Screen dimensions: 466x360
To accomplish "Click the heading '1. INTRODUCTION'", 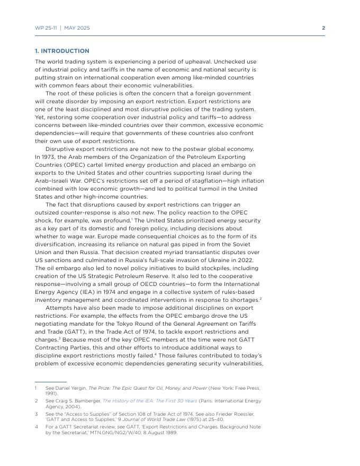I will click(x=62, y=51).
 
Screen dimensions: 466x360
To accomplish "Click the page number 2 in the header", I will click(x=323, y=28).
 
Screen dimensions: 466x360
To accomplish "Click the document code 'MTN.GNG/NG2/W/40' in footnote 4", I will click(x=105, y=433).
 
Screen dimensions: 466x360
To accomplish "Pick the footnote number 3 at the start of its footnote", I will click(x=37, y=414).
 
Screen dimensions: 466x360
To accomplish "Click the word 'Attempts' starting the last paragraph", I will click(x=59, y=308).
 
